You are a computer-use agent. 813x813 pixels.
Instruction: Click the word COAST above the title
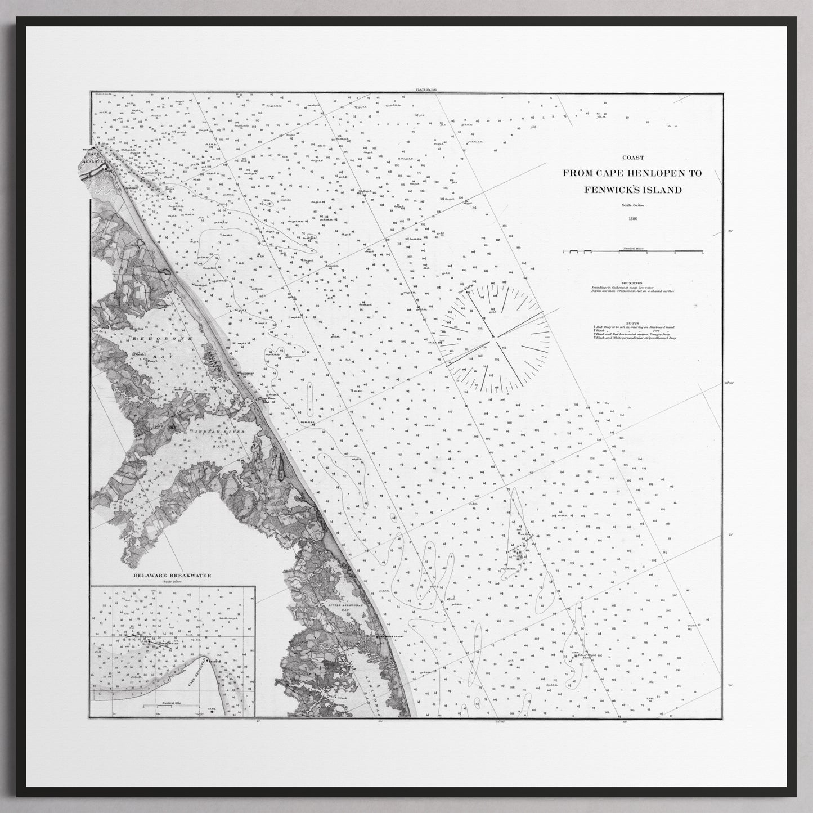click(633, 158)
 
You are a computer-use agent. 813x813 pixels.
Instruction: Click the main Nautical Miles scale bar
click(633, 250)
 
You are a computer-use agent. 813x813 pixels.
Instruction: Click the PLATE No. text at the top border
click(425, 89)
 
